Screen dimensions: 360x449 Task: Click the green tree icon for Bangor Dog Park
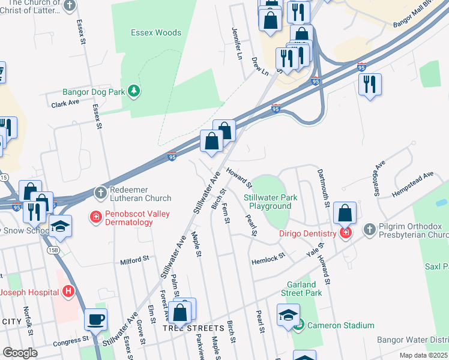(x=136, y=91)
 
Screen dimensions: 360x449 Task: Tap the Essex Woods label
(x=156, y=32)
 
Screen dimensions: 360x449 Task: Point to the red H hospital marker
(x=68, y=292)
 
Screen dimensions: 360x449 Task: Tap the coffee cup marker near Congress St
(x=95, y=319)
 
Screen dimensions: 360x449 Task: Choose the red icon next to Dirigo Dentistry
(x=345, y=233)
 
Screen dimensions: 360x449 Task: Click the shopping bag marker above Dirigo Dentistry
(x=345, y=213)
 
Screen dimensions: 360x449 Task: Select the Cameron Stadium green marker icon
(x=300, y=325)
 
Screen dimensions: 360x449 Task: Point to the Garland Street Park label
(x=301, y=289)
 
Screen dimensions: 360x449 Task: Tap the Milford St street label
(x=134, y=260)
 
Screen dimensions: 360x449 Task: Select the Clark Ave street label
(x=65, y=103)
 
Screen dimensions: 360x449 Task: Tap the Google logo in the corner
(x=20, y=353)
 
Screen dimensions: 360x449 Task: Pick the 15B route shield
(x=52, y=247)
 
